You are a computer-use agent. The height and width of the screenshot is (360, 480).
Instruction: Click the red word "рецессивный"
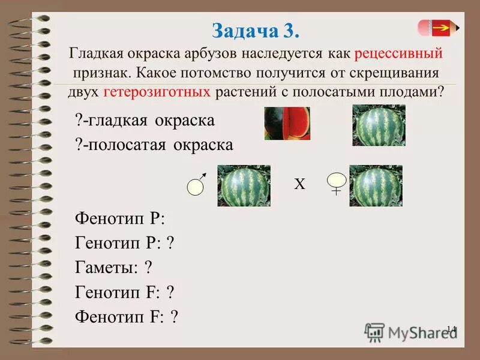tap(398, 53)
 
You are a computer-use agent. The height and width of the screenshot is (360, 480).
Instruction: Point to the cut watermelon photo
tap(287, 124)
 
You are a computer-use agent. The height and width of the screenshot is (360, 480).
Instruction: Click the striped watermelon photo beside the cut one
tap(379, 124)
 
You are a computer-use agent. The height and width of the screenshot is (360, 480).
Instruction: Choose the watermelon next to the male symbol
tap(244, 185)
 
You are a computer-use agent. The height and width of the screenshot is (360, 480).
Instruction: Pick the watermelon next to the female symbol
tap(376, 185)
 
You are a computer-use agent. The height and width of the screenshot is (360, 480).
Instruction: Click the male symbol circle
tap(196, 187)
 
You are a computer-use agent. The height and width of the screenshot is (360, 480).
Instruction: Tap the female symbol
tap(337, 182)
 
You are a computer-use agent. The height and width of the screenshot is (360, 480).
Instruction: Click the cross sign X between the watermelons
tap(299, 185)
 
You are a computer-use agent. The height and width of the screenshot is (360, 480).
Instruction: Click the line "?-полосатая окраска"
tap(154, 145)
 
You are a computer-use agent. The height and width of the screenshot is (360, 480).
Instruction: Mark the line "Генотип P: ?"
tap(125, 242)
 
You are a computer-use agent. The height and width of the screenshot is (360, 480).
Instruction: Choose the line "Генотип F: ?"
tap(125, 292)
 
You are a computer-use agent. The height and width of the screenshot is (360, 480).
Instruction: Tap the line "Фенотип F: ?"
tap(127, 317)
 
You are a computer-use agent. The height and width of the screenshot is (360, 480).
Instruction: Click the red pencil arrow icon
tap(437, 28)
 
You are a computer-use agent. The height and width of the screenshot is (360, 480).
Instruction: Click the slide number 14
tap(451, 329)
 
